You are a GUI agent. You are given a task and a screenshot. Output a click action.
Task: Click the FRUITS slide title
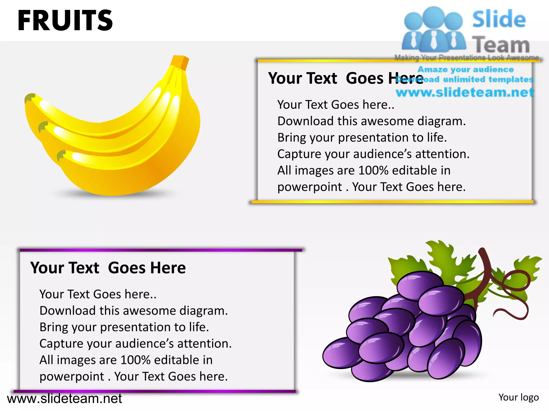(65, 20)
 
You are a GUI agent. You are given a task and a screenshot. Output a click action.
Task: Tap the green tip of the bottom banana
(61, 155)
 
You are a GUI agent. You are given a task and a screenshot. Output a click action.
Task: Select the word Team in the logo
(501, 45)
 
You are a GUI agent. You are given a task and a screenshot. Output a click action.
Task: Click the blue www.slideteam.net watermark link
(465, 93)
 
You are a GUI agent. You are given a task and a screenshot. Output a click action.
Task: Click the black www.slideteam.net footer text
(64, 399)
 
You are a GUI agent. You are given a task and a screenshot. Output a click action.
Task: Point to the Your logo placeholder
(518, 397)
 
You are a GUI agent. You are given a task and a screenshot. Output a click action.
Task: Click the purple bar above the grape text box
(161, 250)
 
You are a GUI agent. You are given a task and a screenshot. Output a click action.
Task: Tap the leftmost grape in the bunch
(340, 353)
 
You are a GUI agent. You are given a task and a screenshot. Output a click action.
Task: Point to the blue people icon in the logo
(434, 29)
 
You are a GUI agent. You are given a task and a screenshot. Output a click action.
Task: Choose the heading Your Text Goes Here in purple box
(108, 268)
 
